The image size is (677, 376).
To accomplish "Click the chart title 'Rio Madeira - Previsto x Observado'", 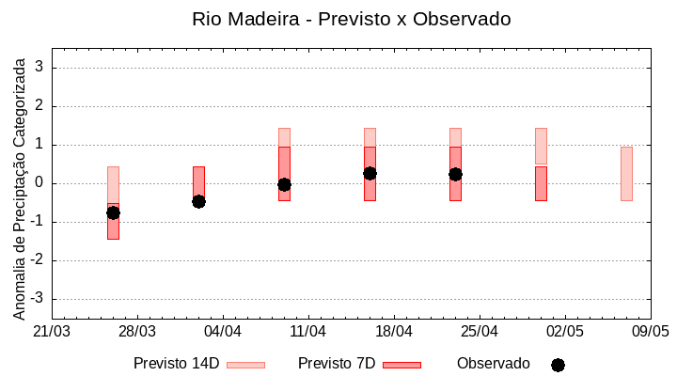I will [x=351, y=19].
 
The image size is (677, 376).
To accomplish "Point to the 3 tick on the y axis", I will [x=42, y=68].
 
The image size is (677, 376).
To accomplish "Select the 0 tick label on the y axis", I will [x=42, y=183].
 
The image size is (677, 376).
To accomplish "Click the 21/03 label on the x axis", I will [x=52, y=332].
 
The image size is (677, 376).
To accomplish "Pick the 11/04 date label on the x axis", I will [x=308, y=332].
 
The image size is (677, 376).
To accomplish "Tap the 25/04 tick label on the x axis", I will [x=480, y=332].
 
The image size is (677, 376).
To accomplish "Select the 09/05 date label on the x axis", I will [x=650, y=332].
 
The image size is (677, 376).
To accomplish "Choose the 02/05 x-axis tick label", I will [x=565, y=332].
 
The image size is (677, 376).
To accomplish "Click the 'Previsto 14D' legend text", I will [x=176, y=364].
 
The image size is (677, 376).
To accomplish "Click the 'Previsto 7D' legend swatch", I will [x=401, y=365].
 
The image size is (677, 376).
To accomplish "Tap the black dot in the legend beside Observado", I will [x=558, y=365].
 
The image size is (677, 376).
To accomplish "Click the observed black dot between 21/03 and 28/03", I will [x=113, y=212].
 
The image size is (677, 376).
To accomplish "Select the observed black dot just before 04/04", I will [x=198, y=201].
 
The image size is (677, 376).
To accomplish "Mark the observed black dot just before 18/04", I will [x=370, y=173].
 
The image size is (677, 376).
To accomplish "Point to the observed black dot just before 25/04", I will [x=455, y=174].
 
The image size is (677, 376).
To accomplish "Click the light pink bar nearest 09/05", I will [x=626, y=174].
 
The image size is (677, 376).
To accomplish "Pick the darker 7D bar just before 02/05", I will [x=541, y=184].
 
